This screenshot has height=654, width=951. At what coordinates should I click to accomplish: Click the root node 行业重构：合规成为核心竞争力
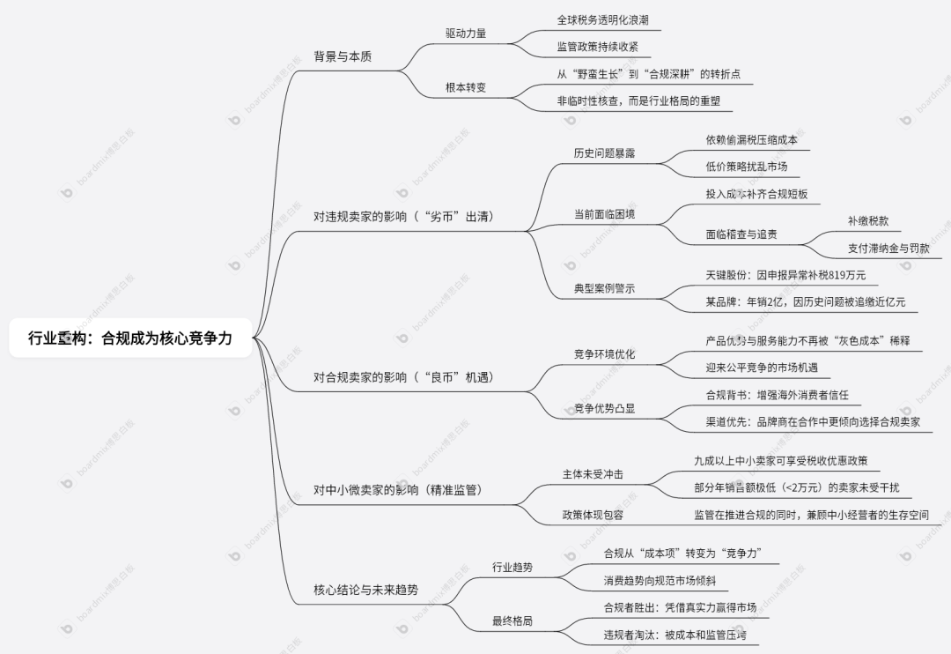pos(130,338)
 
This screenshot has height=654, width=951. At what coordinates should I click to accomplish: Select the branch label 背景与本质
pos(343,56)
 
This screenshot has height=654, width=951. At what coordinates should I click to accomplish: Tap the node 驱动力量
pos(466,33)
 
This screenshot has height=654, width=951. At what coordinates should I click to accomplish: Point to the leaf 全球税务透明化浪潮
pos(602,19)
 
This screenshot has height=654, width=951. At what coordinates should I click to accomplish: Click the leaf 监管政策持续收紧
pos(597,47)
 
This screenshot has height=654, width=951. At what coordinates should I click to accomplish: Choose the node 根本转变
pos(466,87)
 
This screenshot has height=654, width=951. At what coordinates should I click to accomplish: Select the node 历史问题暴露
pos(604,152)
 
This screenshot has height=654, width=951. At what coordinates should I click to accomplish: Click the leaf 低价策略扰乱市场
pos(746,167)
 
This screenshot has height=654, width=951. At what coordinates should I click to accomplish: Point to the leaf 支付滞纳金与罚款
pos(888,249)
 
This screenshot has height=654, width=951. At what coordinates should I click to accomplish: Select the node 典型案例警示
pos(604,288)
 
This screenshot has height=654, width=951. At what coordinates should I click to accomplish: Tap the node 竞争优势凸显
pos(604,407)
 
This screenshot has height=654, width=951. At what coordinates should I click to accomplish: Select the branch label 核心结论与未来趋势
pos(365,590)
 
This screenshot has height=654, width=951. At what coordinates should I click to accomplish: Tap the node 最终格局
pos(512,621)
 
